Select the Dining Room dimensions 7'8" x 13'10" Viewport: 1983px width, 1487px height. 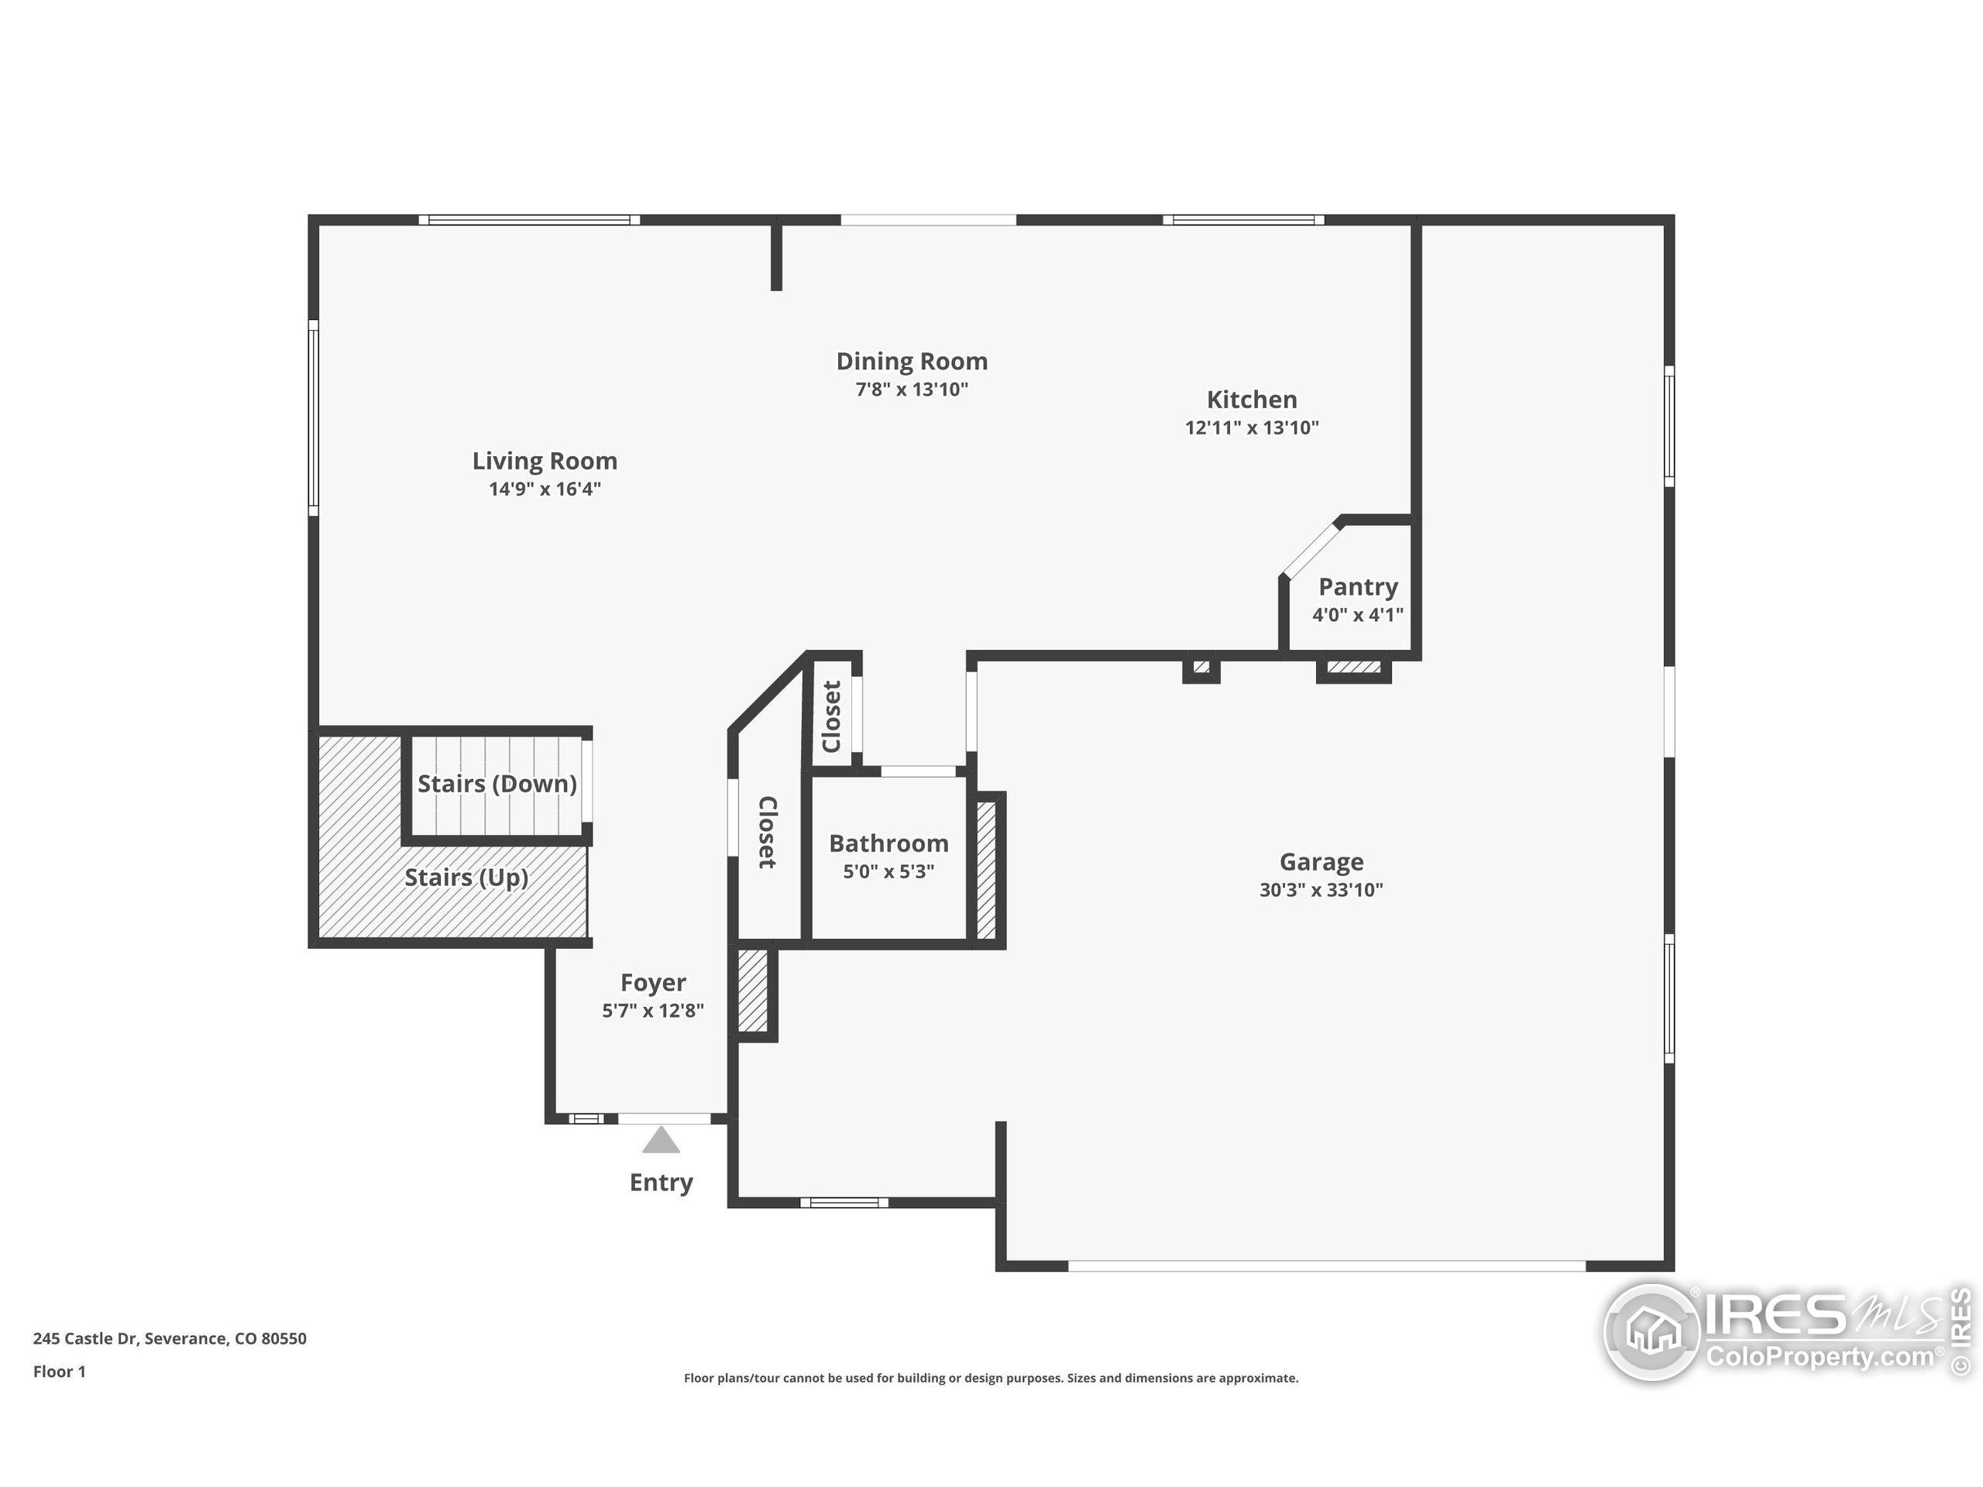click(912, 389)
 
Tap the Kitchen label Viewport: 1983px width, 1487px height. click(1252, 399)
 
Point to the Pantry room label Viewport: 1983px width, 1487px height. click(1357, 586)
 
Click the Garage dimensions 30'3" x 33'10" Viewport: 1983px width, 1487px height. click(1321, 890)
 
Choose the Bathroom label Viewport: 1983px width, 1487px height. click(888, 843)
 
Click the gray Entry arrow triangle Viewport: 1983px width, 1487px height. click(661, 1141)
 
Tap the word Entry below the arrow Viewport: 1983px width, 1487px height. click(661, 1183)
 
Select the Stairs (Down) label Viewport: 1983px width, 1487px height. click(497, 784)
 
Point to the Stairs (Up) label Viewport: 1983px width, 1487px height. click(466, 877)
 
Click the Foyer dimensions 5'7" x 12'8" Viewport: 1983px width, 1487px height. click(653, 1011)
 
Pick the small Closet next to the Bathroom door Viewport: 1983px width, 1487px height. click(831, 716)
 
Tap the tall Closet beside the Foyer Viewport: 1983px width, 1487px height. click(768, 832)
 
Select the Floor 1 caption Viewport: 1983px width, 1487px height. click(59, 1372)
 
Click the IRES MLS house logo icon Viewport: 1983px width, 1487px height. click(1651, 1332)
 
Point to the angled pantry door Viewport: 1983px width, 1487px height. click(1311, 548)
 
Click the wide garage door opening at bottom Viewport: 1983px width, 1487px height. click(1327, 1265)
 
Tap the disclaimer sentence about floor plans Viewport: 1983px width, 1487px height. click(991, 1378)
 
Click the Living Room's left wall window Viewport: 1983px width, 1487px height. click(313, 417)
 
